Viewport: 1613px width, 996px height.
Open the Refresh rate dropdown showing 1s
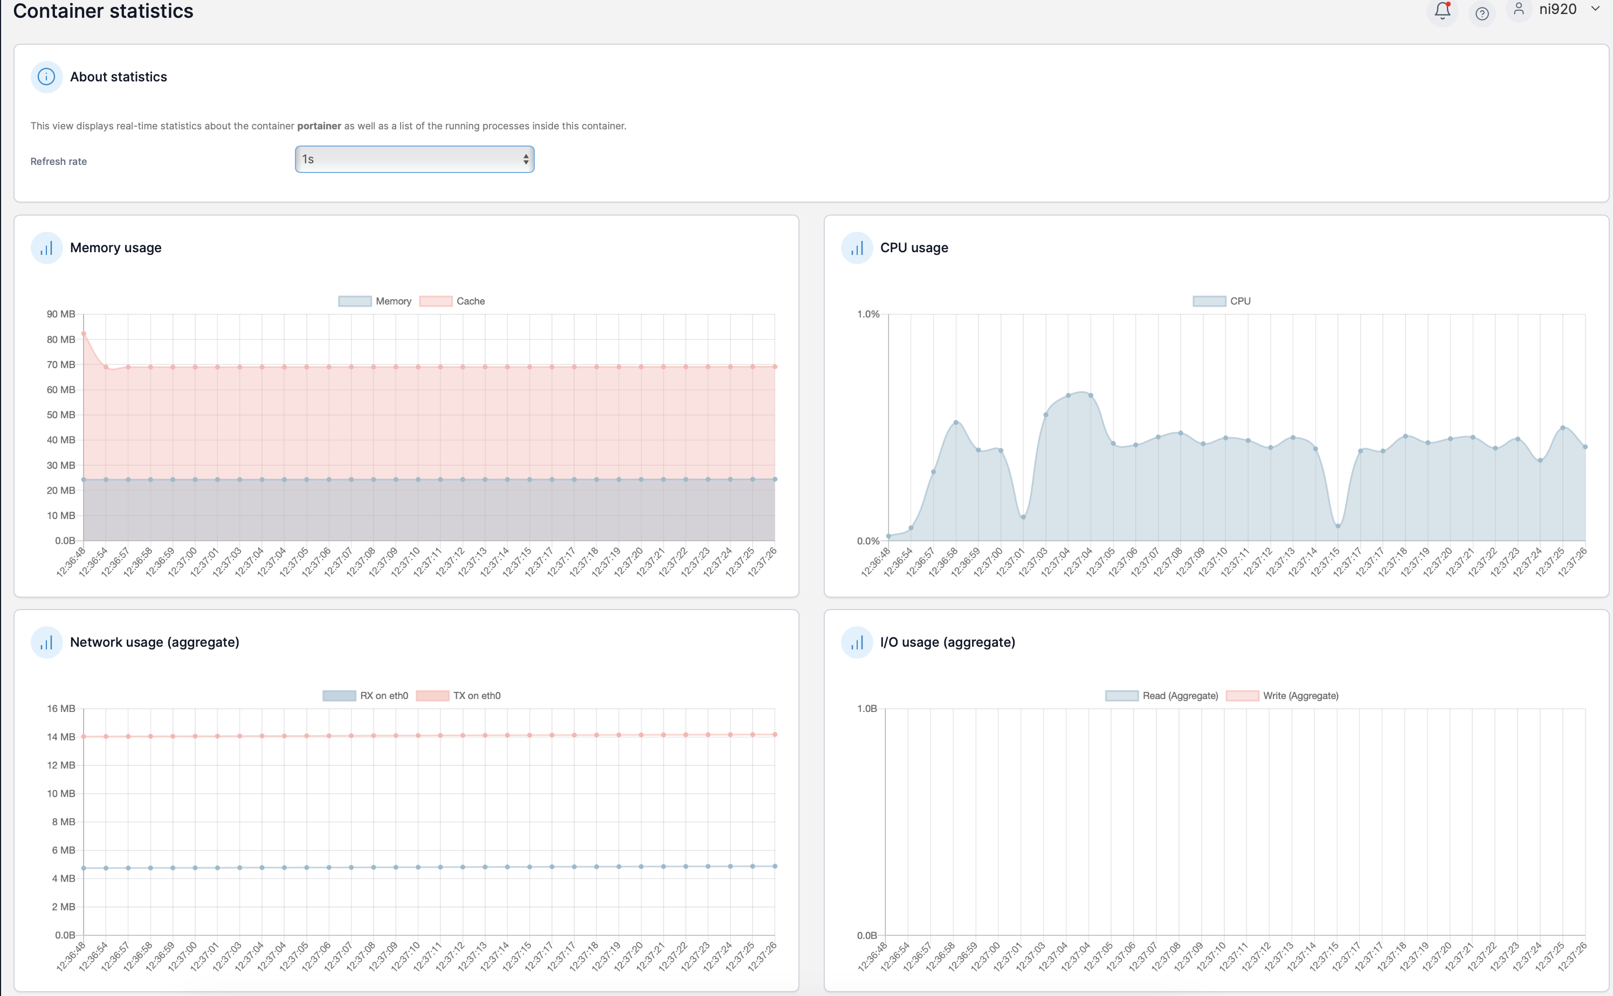415,160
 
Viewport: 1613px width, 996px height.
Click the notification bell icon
1442,11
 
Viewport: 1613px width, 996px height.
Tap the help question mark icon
1482,13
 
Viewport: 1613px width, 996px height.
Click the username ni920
1557,9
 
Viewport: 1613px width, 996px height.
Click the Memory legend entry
375,301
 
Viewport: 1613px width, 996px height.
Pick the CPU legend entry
1222,301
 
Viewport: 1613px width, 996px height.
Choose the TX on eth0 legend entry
459,696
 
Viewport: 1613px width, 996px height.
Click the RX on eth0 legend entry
366,696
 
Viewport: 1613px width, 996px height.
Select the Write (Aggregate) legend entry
1282,696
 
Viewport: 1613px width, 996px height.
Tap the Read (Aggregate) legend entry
1162,696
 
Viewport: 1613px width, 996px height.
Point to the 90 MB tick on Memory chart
60,314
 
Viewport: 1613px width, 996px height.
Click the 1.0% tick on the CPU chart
868,314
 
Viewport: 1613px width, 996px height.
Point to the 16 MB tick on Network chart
60,709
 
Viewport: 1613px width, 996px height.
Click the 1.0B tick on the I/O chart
866,709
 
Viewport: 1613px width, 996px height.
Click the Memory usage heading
116,248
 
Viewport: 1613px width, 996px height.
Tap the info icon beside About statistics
46,77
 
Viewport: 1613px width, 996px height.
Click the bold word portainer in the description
319,126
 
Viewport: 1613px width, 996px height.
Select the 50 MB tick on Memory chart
60,415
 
